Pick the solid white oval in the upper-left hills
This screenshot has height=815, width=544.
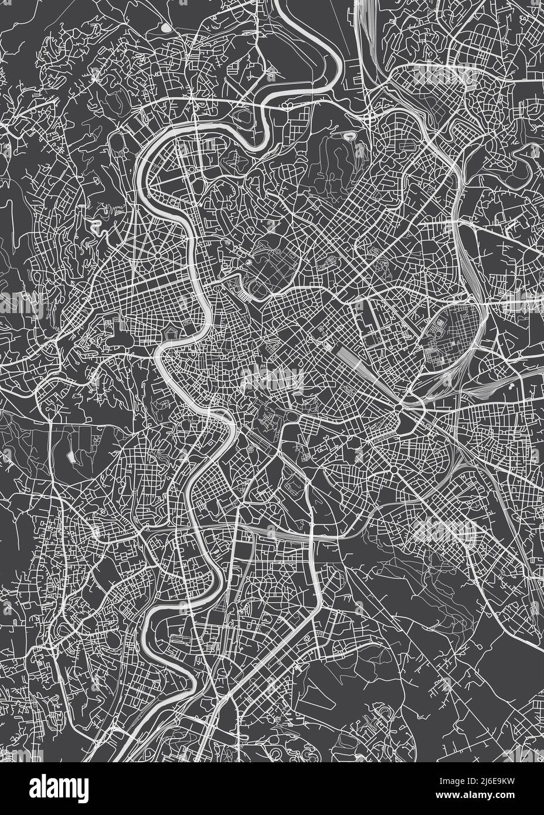(x=166, y=28)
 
